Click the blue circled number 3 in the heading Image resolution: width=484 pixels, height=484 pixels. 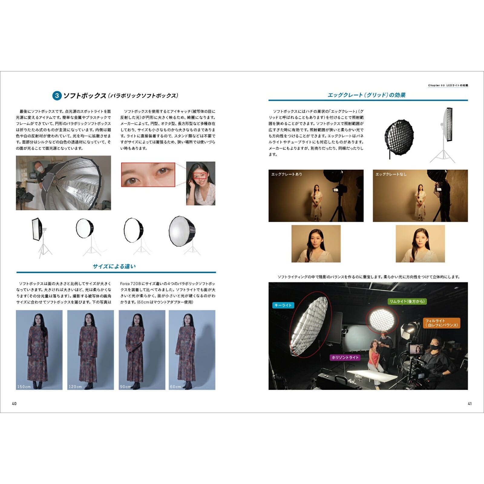[x=57, y=96]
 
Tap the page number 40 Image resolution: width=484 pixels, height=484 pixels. [x=14, y=404]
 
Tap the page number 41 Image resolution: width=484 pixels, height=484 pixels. [x=469, y=404]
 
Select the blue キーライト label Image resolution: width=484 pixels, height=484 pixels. [x=283, y=305]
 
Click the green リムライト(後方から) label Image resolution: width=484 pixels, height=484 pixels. [x=407, y=301]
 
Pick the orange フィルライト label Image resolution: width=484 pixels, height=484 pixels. [x=441, y=323]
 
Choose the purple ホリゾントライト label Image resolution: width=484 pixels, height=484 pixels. [x=345, y=358]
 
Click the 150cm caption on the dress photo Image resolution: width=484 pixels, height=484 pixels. [x=24, y=387]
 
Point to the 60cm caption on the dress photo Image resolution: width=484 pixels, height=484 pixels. [x=175, y=387]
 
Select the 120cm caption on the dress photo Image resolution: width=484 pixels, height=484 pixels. [x=75, y=387]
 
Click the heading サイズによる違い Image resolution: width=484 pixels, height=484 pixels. [x=114, y=266]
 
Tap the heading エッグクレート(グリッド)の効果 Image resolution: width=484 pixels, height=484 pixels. [x=367, y=95]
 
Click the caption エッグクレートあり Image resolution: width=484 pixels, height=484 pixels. [x=286, y=174]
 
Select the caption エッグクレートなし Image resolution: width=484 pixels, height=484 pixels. [x=391, y=174]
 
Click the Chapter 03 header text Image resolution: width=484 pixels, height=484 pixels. [x=448, y=85]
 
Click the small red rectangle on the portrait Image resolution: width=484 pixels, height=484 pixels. [x=200, y=176]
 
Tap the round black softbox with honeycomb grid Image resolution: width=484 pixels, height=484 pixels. [x=399, y=136]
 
